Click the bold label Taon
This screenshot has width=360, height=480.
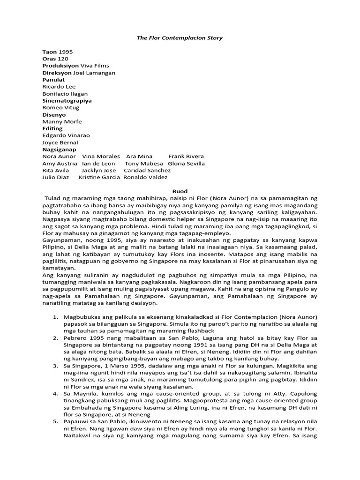pyautogui.click(x=50, y=52)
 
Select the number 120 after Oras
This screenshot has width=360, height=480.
pyautogui.click(x=63, y=59)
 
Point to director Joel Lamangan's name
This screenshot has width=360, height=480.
pyautogui.click(x=94, y=73)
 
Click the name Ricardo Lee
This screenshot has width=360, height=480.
pyautogui.click(x=59, y=87)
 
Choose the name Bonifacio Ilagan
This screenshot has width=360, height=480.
pyautogui.click(x=65, y=94)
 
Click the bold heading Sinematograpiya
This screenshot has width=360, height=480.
pyautogui.click(x=67, y=101)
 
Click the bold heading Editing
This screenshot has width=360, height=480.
pyautogui.click(x=52, y=128)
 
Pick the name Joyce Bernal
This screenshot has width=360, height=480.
pyautogui.click(x=60, y=142)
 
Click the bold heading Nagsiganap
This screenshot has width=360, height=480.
pyautogui.click(x=59, y=150)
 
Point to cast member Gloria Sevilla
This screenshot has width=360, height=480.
pyautogui.click(x=186, y=163)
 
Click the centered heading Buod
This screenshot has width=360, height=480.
pyautogui.click(x=180, y=191)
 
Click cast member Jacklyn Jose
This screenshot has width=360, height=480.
pyautogui.click(x=98, y=170)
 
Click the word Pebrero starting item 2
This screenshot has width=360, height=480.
pyautogui.click(x=77, y=337)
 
